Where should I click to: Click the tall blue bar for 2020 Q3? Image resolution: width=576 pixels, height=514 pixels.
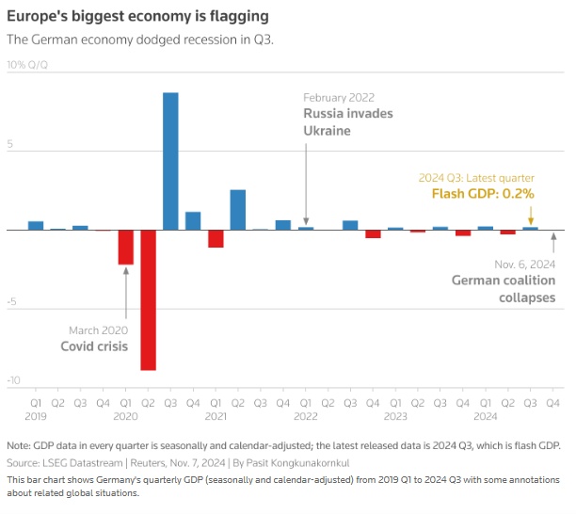coord(170,161)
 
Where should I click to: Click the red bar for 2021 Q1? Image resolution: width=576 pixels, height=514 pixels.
coord(216,238)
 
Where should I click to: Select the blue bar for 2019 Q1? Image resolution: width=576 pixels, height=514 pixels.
coord(36,225)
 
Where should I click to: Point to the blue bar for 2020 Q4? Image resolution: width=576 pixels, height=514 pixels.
coord(193,220)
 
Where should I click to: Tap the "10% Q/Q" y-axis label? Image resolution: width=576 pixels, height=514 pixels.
coord(28,65)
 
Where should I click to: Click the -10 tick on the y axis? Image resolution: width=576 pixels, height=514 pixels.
coord(13,380)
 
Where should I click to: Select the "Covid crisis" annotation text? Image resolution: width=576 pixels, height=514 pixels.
coord(94,346)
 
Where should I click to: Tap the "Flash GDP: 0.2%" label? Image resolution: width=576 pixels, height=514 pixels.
coord(483,194)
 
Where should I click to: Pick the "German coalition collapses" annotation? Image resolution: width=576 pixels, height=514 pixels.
coord(503,289)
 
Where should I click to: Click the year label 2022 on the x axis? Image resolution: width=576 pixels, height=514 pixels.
coord(306,415)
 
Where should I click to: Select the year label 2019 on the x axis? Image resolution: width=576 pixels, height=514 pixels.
coord(36,415)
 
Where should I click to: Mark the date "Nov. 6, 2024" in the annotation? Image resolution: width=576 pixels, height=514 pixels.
coord(524,264)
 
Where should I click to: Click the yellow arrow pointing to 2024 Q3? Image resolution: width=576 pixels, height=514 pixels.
coord(531,214)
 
